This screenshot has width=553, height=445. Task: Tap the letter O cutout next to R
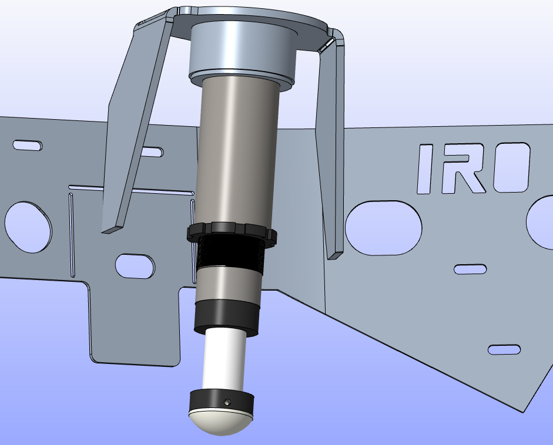511,168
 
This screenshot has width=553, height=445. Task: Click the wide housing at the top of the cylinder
242,53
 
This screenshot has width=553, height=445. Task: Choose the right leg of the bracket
330,153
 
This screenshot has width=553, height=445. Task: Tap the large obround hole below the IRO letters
384,228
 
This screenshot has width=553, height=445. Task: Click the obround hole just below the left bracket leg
135,266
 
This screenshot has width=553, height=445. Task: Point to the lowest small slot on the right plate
504,349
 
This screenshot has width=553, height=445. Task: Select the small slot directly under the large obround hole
470,269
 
